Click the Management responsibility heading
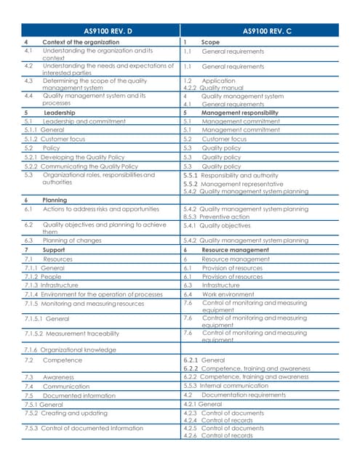(x=239, y=113)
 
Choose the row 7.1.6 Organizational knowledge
(x=69, y=349)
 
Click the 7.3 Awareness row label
(x=58, y=377)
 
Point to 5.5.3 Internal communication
(x=232, y=386)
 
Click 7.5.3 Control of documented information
(x=84, y=428)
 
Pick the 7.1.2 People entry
(x=43, y=277)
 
